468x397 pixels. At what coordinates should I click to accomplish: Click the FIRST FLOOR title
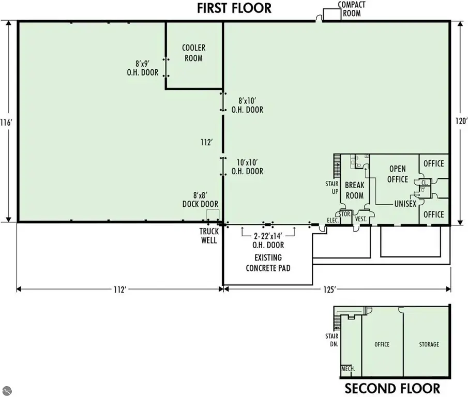(234, 8)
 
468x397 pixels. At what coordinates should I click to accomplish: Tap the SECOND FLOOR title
(392, 389)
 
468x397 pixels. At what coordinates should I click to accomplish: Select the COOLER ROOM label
(194, 53)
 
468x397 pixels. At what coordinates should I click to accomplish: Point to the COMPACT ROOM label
(352, 9)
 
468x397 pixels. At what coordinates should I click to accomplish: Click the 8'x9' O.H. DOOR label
(143, 68)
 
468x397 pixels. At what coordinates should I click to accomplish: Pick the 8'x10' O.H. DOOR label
(247, 105)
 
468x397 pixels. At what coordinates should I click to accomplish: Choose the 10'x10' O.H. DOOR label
(247, 167)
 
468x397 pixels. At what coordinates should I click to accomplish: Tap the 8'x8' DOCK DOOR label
(200, 200)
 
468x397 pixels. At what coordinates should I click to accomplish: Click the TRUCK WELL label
(209, 236)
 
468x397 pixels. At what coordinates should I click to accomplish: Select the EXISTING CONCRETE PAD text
(268, 263)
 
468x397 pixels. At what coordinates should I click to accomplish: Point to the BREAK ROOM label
(355, 190)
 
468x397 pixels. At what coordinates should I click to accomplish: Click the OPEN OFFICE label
(398, 174)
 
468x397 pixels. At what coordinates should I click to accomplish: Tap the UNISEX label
(405, 204)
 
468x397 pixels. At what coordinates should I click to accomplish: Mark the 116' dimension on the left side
(6, 123)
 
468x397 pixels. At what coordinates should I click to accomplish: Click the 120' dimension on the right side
(461, 121)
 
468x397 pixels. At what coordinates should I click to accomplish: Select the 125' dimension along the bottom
(329, 289)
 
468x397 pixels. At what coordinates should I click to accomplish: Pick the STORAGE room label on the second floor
(429, 344)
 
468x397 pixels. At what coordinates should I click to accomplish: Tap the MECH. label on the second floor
(348, 369)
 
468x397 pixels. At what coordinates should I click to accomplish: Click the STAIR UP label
(332, 188)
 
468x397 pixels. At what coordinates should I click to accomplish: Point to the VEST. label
(361, 219)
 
